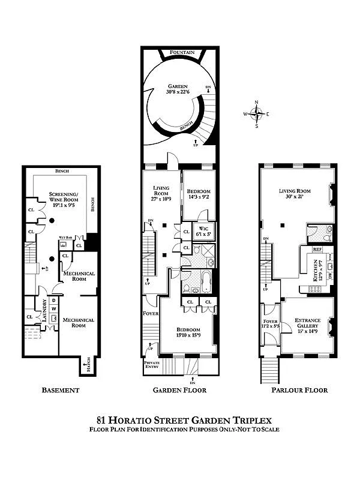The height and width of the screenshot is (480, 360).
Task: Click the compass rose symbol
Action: pos(257,113)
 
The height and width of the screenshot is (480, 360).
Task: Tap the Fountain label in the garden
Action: pos(182,53)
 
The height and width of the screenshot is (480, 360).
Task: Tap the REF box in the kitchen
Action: pos(318,250)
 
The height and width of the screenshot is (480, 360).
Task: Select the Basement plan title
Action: pos(60,390)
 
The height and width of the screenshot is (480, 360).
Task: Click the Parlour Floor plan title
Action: pos(298,390)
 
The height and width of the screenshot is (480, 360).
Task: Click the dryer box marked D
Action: pos(53,300)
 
